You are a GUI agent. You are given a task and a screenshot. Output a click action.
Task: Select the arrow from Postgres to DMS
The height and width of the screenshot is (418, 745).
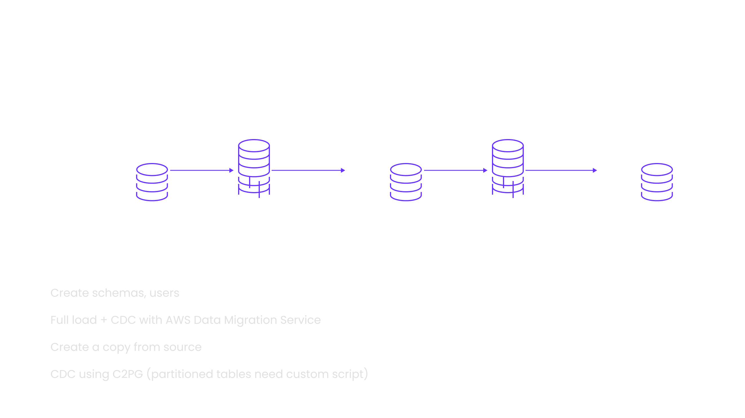coord(201,170)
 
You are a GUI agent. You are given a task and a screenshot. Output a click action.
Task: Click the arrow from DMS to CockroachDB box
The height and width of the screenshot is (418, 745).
coord(308,170)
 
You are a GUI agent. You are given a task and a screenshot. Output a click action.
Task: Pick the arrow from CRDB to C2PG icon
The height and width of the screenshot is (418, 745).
coord(456,170)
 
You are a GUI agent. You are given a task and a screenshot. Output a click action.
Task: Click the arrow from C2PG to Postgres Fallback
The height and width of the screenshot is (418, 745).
coord(561,170)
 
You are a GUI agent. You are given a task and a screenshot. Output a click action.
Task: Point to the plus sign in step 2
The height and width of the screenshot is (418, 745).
coord(103,320)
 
